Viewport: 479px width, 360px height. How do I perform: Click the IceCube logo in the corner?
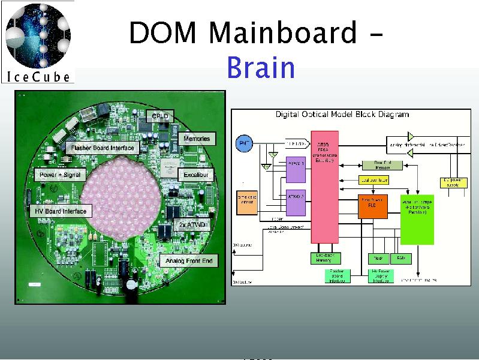(38, 41)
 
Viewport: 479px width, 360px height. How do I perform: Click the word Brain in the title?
(261, 68)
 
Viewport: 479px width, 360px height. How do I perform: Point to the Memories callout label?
(197, 139)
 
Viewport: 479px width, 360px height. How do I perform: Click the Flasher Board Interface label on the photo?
(102, 148)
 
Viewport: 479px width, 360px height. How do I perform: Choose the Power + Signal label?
(60, 175)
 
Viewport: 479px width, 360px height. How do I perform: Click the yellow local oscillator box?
(373, 179)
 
